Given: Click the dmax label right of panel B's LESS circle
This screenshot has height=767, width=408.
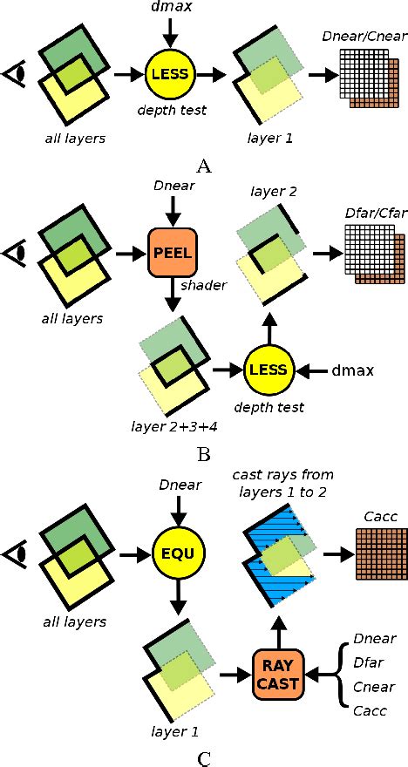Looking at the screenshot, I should [x=354, y=371].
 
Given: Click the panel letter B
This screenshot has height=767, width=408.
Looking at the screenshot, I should [x=203, y=453].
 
